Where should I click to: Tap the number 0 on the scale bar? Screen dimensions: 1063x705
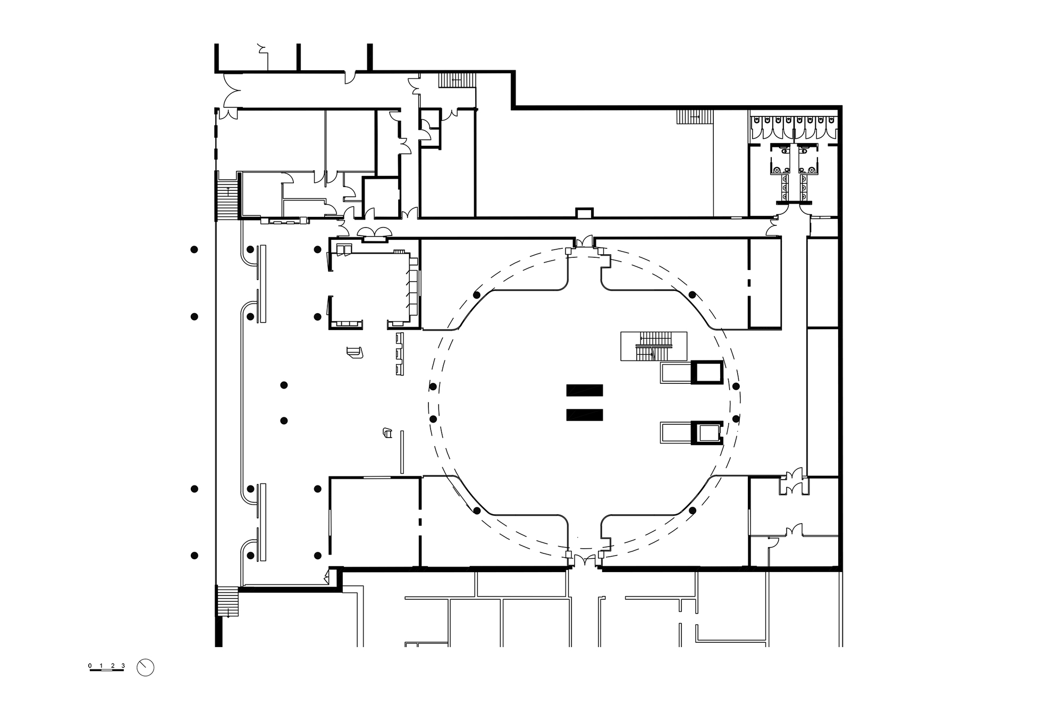click(x=90, y=666)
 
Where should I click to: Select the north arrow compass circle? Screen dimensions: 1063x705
click(x=145, y=668)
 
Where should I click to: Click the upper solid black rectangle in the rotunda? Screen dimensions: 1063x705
click(x=585, y=390)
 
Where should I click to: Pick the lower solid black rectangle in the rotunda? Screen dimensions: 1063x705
click(x=585, y=415)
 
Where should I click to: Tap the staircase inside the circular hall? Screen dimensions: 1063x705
click(x=654, y=347)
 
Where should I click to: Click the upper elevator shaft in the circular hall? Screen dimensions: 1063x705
click(x=707, y=372)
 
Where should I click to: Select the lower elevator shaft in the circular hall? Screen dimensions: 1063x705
click(x=707, y=433)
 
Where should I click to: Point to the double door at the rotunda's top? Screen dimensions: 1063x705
click(x=584, y=242)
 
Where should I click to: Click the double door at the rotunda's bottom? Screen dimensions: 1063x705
click(x=585, y=560)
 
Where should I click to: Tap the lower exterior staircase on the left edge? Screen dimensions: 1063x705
click(x=227, y=601)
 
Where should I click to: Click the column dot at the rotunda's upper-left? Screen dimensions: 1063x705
click(x=477, y=295)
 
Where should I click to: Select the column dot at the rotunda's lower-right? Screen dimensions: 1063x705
click(x=692, y=510)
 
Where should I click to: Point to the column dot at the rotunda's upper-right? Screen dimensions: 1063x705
click(x=692, y=295)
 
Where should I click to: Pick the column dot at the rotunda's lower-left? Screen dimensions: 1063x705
click(x=477, y=511)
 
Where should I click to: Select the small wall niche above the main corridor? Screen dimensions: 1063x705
click(x=584, y=213)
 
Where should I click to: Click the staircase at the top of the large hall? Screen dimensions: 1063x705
click(x=695, y=117)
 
